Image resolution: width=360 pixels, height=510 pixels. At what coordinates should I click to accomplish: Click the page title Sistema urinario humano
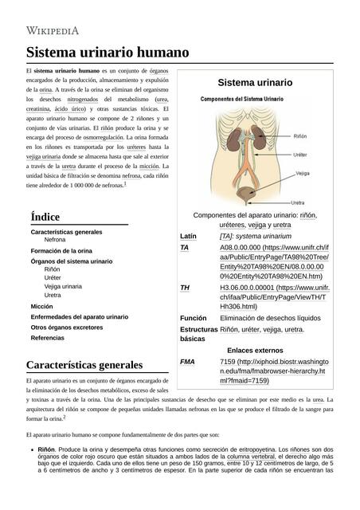coord(108,53)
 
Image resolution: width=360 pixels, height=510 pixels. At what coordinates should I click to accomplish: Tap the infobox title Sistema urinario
coord(255,83)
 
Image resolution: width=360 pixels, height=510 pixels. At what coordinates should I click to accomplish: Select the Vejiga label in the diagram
coord(302,172)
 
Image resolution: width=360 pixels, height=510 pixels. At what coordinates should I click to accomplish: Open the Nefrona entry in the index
coord(55,240)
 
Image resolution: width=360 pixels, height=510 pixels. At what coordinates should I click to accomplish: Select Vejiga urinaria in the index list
coord(63,285)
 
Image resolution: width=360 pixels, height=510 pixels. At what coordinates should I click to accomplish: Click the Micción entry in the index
coord(42,306)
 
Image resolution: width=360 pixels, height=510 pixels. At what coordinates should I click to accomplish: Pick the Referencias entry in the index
coord(49,338)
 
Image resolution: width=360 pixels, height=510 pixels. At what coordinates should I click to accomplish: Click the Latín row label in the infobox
coord(189,237)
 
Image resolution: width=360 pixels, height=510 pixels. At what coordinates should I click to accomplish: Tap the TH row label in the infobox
coord(185,287)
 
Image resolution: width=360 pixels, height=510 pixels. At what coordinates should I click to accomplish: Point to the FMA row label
coord(188,362)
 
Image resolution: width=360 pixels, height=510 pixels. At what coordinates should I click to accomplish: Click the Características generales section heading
coord(84,365)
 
